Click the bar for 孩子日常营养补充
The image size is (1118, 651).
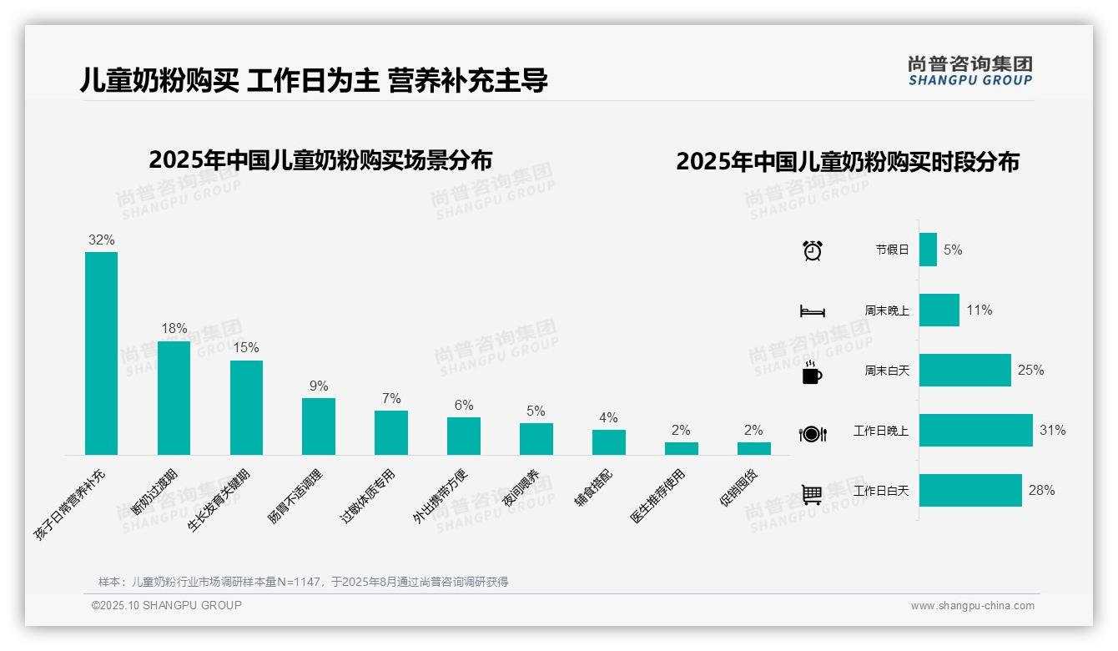tap(101, 353)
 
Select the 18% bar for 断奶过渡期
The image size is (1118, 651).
tap(174, 397)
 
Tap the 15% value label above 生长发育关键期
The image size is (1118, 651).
tap(246, 347)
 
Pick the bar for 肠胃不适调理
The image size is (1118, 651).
tap(319, 426)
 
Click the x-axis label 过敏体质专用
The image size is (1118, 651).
tap(368, 497)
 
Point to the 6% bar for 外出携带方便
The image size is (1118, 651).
tap(464, 436)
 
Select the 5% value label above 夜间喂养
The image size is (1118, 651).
tap(536, 411)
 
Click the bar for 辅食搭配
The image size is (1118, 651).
tap(609, 442)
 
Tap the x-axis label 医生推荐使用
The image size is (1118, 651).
tap(657, 497)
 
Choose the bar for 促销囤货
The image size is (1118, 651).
tap(753, 448)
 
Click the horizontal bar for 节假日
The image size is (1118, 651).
tap(928, 250)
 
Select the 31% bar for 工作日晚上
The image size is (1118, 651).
tap(975, 431)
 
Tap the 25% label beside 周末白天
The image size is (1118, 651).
tap(1030, 370)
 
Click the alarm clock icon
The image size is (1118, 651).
tap(813, 250)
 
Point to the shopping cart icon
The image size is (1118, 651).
tap(812, 494)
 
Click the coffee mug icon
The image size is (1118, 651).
tap(812, 373)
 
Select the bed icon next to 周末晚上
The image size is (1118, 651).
tap(812, 311)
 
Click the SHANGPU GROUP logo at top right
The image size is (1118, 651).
tap(969, 71)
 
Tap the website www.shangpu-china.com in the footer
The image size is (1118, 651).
tap(972, 606)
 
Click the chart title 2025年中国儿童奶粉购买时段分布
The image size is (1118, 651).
tap(847, 161)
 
